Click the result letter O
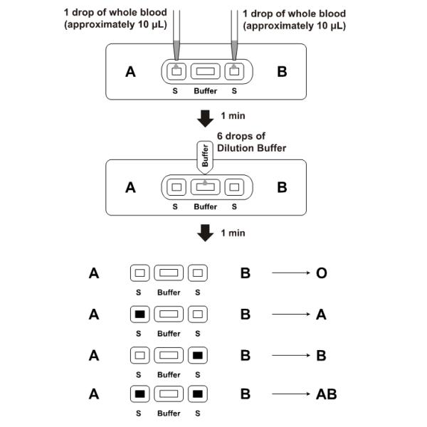click(321, 273)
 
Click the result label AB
click(326, 394)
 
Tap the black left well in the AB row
click(141, 394)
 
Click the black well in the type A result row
click(141, 313)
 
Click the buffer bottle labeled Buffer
click(205, 157)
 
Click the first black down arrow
click(205, 117)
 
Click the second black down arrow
click(205, 233)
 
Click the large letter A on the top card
click(130, 71)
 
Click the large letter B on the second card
click(282, 188)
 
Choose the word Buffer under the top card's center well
click(205, 91)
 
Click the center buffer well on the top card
click(205, 71)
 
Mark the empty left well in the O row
click(141, 273)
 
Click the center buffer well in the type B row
click(169, 353)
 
